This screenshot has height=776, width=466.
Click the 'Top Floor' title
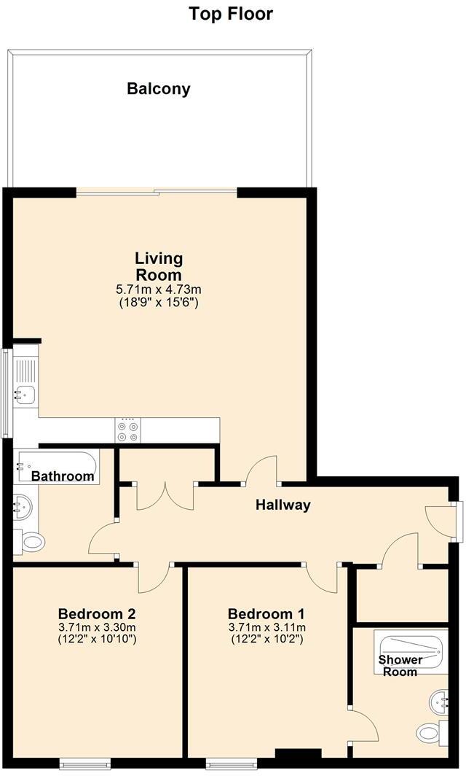point(231,13)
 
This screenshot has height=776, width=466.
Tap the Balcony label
point(159,89)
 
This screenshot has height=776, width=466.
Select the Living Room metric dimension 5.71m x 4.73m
point(159,290)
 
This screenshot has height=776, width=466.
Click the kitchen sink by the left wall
point(25,395)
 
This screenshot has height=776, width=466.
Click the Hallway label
point(283,505)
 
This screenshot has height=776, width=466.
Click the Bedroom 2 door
point(153,578)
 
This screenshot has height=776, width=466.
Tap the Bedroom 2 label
point(97,613)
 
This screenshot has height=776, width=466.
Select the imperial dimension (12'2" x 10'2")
point(266,640)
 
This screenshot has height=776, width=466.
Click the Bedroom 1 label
point(266,613)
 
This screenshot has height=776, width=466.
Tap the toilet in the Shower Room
point(430,732)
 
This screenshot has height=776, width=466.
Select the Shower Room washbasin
point(439,701)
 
